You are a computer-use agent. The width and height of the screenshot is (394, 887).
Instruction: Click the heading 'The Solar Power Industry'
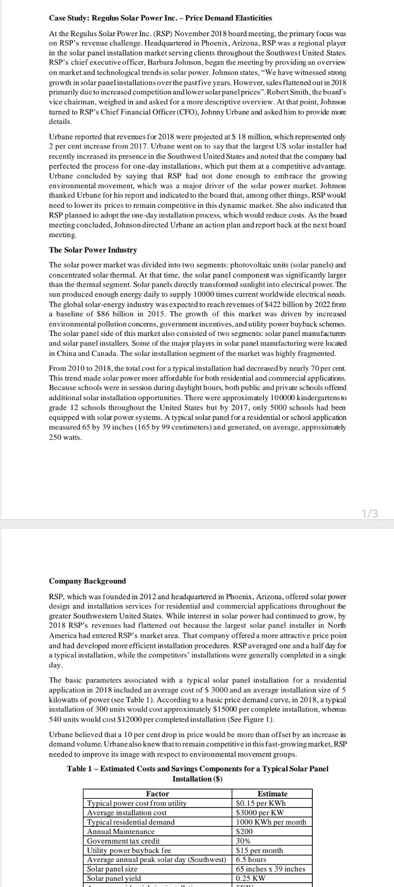pos(93,250)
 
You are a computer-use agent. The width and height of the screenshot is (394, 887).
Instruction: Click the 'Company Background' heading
pos(87,581)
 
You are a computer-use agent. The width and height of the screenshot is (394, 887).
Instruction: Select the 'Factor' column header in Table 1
pos(157,793)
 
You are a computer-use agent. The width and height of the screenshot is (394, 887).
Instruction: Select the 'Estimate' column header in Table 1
pos(272,793)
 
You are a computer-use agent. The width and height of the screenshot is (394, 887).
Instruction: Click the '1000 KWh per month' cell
pos(271,822)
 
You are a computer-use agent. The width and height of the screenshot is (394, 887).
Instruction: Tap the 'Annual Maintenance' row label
pos(121,832)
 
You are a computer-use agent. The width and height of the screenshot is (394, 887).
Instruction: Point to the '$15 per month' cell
pos(259,850)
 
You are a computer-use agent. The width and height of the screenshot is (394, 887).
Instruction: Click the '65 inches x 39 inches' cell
pos(270,869)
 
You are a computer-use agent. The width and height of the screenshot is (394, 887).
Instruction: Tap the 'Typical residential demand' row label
pos(131,822)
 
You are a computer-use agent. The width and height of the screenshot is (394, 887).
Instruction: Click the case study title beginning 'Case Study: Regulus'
pos(160,18)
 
